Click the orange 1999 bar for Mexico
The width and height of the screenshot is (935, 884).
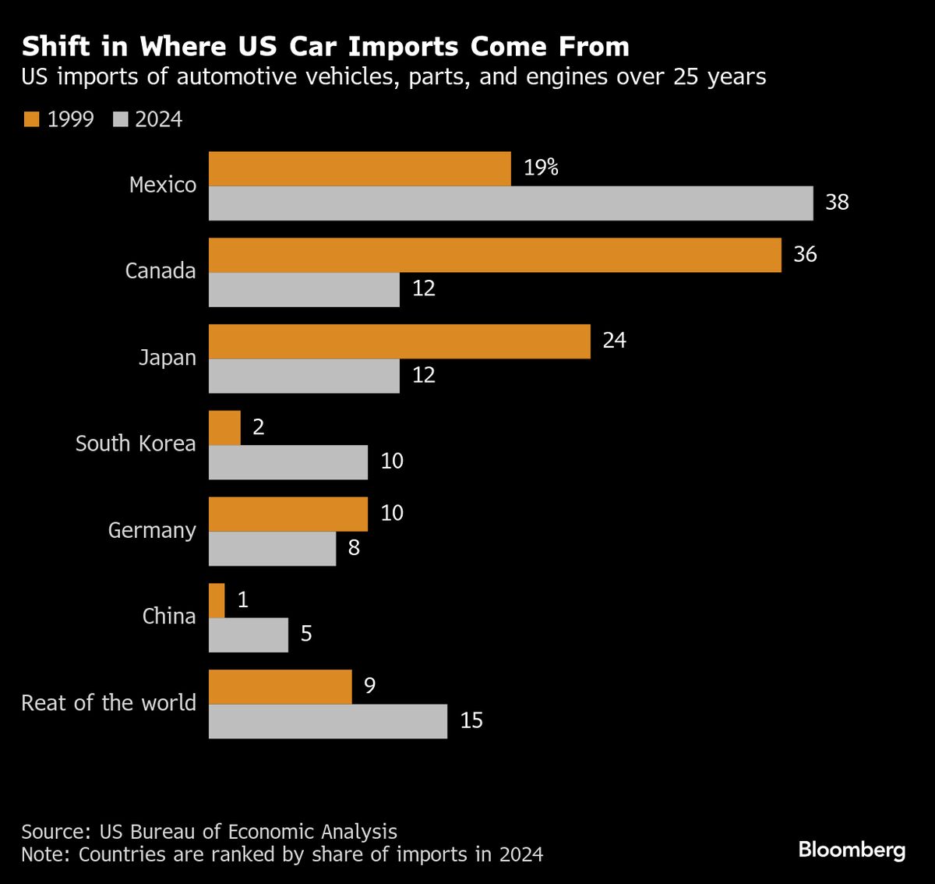click(x=360, y=168)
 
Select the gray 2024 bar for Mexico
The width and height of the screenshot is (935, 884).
click(x=511, y=203)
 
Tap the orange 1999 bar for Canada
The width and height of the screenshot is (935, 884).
click(x=495, y=255)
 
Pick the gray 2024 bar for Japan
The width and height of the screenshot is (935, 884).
click(x=304, y=376)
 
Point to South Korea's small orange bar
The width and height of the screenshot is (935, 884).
click(x=224, y=428)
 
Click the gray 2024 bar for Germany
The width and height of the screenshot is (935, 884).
click(x=273, y=549)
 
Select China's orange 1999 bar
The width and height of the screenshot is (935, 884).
click(x=217, y=600)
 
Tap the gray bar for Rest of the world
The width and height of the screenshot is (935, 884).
click(x=328, y=721)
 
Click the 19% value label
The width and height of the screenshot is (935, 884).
click(x=541, y=168)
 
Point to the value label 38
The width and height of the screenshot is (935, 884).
click(x=837, y=202)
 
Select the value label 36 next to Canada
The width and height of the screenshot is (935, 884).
click(x=805, y=254)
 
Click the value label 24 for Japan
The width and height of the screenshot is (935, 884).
click(x=615, y=340)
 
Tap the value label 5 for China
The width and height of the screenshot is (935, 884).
click(x=306, y=634)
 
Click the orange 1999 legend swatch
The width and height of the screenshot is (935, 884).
click(x=31, y=119)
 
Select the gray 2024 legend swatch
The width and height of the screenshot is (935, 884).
click(x=121, y=119)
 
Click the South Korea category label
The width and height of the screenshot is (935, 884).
click(x=136, y=444)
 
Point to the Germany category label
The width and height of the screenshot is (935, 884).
click(x=152, y=531)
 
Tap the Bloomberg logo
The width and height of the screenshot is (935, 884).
click(x=852, y=850)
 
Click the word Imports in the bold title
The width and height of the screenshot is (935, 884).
click(x=403, y=47)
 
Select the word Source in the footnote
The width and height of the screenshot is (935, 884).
click(x=53, y=832)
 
